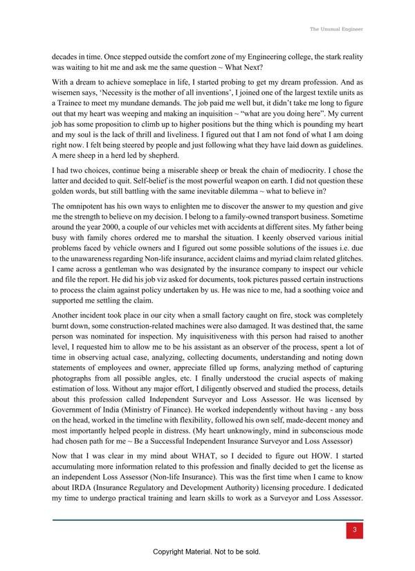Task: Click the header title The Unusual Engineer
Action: point(336,29)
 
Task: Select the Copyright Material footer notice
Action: point(207,552)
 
